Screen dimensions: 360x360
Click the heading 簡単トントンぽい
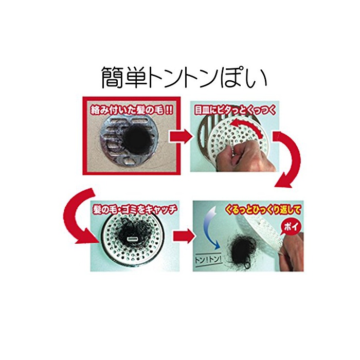click(184, 78)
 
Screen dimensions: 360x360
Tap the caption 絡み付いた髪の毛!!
click(132, 110)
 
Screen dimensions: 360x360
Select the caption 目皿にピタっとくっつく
click(235, 111)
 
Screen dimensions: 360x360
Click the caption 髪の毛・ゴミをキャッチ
click(135, 209)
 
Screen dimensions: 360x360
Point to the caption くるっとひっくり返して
click(263, 210)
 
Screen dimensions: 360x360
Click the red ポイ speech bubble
click(291, 227)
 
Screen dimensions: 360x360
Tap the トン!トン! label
click(208, 260)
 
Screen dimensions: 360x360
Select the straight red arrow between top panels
click(181, 137)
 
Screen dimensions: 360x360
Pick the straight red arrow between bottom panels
click(184, 236)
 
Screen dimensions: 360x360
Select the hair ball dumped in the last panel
click(241, 251)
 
